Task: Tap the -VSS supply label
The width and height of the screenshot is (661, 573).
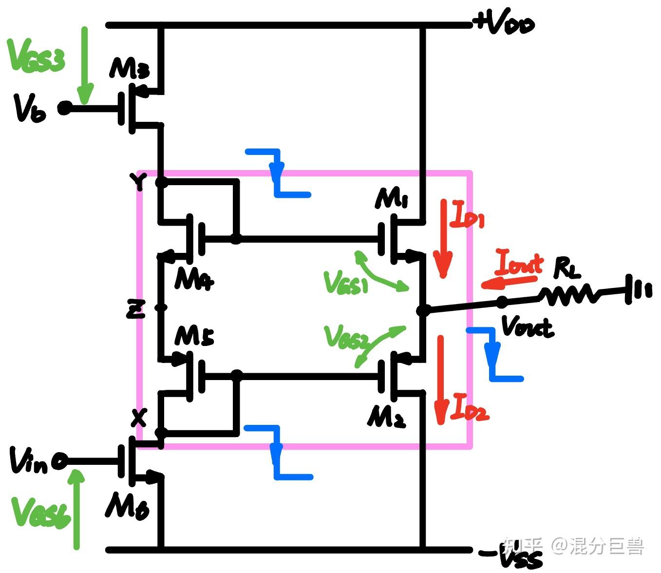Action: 511,556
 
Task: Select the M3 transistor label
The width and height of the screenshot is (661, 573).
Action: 129,68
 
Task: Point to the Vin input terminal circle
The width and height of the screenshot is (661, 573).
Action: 60,461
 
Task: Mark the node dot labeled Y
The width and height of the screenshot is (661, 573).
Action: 161,183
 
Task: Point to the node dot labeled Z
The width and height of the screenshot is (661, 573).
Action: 161,307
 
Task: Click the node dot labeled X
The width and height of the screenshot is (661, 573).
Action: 161,432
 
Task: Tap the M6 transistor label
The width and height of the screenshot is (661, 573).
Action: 127,506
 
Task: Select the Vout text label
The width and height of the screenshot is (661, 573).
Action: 527,326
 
